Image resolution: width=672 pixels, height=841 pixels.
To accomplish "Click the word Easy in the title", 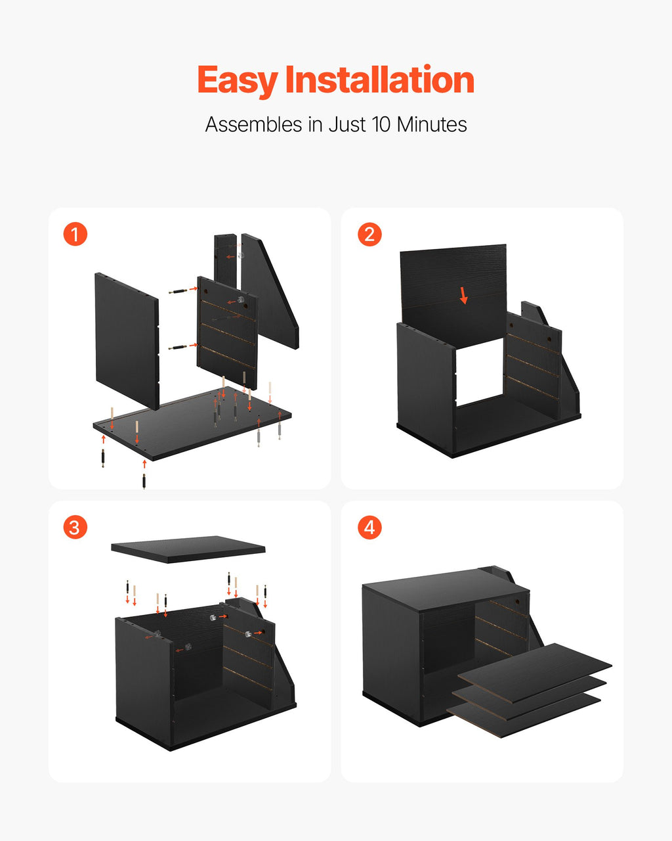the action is pos(238,81).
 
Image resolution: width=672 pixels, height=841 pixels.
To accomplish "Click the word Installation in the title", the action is pos(380,80).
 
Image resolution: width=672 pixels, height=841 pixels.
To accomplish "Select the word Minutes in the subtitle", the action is pos(431,125).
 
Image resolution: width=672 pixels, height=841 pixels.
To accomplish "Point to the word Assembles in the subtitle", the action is pos(254,125).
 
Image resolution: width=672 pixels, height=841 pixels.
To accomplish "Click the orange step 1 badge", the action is pos(75,234).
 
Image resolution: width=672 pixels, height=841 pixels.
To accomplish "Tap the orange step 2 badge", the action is pos(369,234).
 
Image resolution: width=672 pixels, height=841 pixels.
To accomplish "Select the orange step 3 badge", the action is pos(75,527).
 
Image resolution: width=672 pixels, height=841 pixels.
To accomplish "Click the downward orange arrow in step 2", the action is pos(463,296).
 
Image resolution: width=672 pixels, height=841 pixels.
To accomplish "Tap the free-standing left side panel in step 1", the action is pos(127,341).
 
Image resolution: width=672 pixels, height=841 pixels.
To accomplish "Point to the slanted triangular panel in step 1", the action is pos(270,292).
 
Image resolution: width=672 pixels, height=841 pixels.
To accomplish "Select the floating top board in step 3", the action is pos(188,549).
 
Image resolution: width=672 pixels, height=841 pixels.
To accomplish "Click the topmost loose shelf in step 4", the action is pos(535,673).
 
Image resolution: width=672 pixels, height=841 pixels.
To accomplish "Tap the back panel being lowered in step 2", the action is pos(453,295).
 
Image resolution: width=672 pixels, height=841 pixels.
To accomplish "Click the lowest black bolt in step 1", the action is pos(144,481).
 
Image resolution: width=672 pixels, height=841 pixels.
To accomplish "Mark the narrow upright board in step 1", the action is pos(225,261).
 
